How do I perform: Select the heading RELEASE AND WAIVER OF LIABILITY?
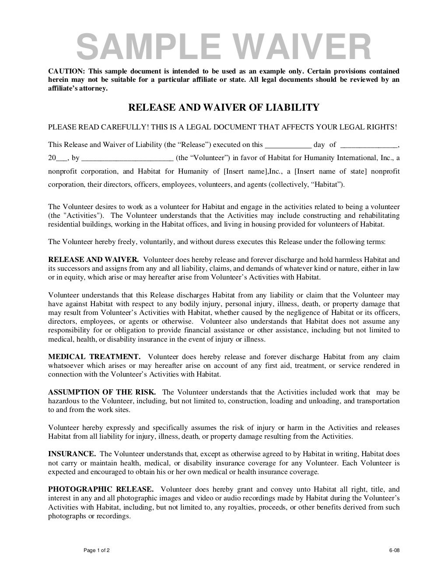tap(223, 108)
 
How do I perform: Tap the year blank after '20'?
tap(62, 158)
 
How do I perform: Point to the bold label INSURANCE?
tap(72, 454)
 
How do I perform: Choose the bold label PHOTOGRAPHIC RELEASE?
tap(101, 489)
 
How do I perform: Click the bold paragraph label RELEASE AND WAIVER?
tap(93, 259)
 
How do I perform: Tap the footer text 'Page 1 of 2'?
tap(97, 550)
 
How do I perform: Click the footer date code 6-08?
tap(395, 550)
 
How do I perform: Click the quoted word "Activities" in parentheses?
tap(89, 216)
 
